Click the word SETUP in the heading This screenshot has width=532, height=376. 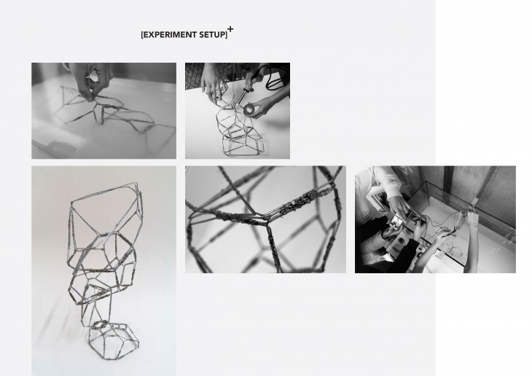(x=212, y=35)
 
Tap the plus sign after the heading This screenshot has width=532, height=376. (x=230, y=29)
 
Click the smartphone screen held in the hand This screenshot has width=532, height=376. (x=396, y=222)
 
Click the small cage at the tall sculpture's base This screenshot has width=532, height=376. (x=114, y=340)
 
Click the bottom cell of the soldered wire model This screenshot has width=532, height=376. (x=243, y=145)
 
